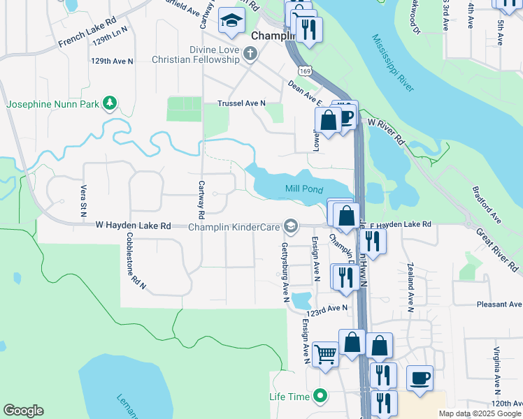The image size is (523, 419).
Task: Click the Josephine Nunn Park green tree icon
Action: (x=109, y=104)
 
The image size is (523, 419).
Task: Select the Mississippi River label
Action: (x=393, y=63)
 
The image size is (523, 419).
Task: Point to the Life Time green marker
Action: (x=320, y=397)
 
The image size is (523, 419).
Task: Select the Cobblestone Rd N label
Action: (x=135, y=260)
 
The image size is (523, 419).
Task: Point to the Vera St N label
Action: (x=83, y=199)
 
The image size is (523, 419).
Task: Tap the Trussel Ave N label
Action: (x=242, y=103)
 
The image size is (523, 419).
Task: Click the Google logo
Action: (x=23, y=411)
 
